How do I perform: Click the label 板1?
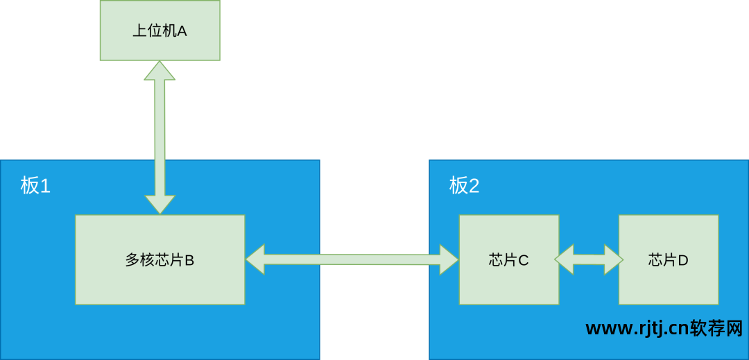tap(35, 185)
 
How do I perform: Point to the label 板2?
tap(464, 185)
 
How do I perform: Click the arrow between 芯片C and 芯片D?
tap(589, 259)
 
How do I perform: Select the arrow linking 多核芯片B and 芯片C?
tap(352, 259)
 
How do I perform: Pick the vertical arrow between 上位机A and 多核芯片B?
tap(160, 139)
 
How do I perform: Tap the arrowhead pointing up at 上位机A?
tap(160, 71)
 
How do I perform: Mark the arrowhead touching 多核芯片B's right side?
tap(256, 259)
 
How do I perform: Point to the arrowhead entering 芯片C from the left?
tap(448, 259)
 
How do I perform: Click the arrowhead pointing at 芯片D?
tap(613, 259)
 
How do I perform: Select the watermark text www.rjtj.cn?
tap(637, 329)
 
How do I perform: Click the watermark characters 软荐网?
tap(716, 328)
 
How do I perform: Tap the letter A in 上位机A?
tap(182, 31)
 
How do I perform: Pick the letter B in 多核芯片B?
tap(189, 260)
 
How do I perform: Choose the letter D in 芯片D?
tap(683, 260)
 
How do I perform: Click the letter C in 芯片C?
tap(524, 260)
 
